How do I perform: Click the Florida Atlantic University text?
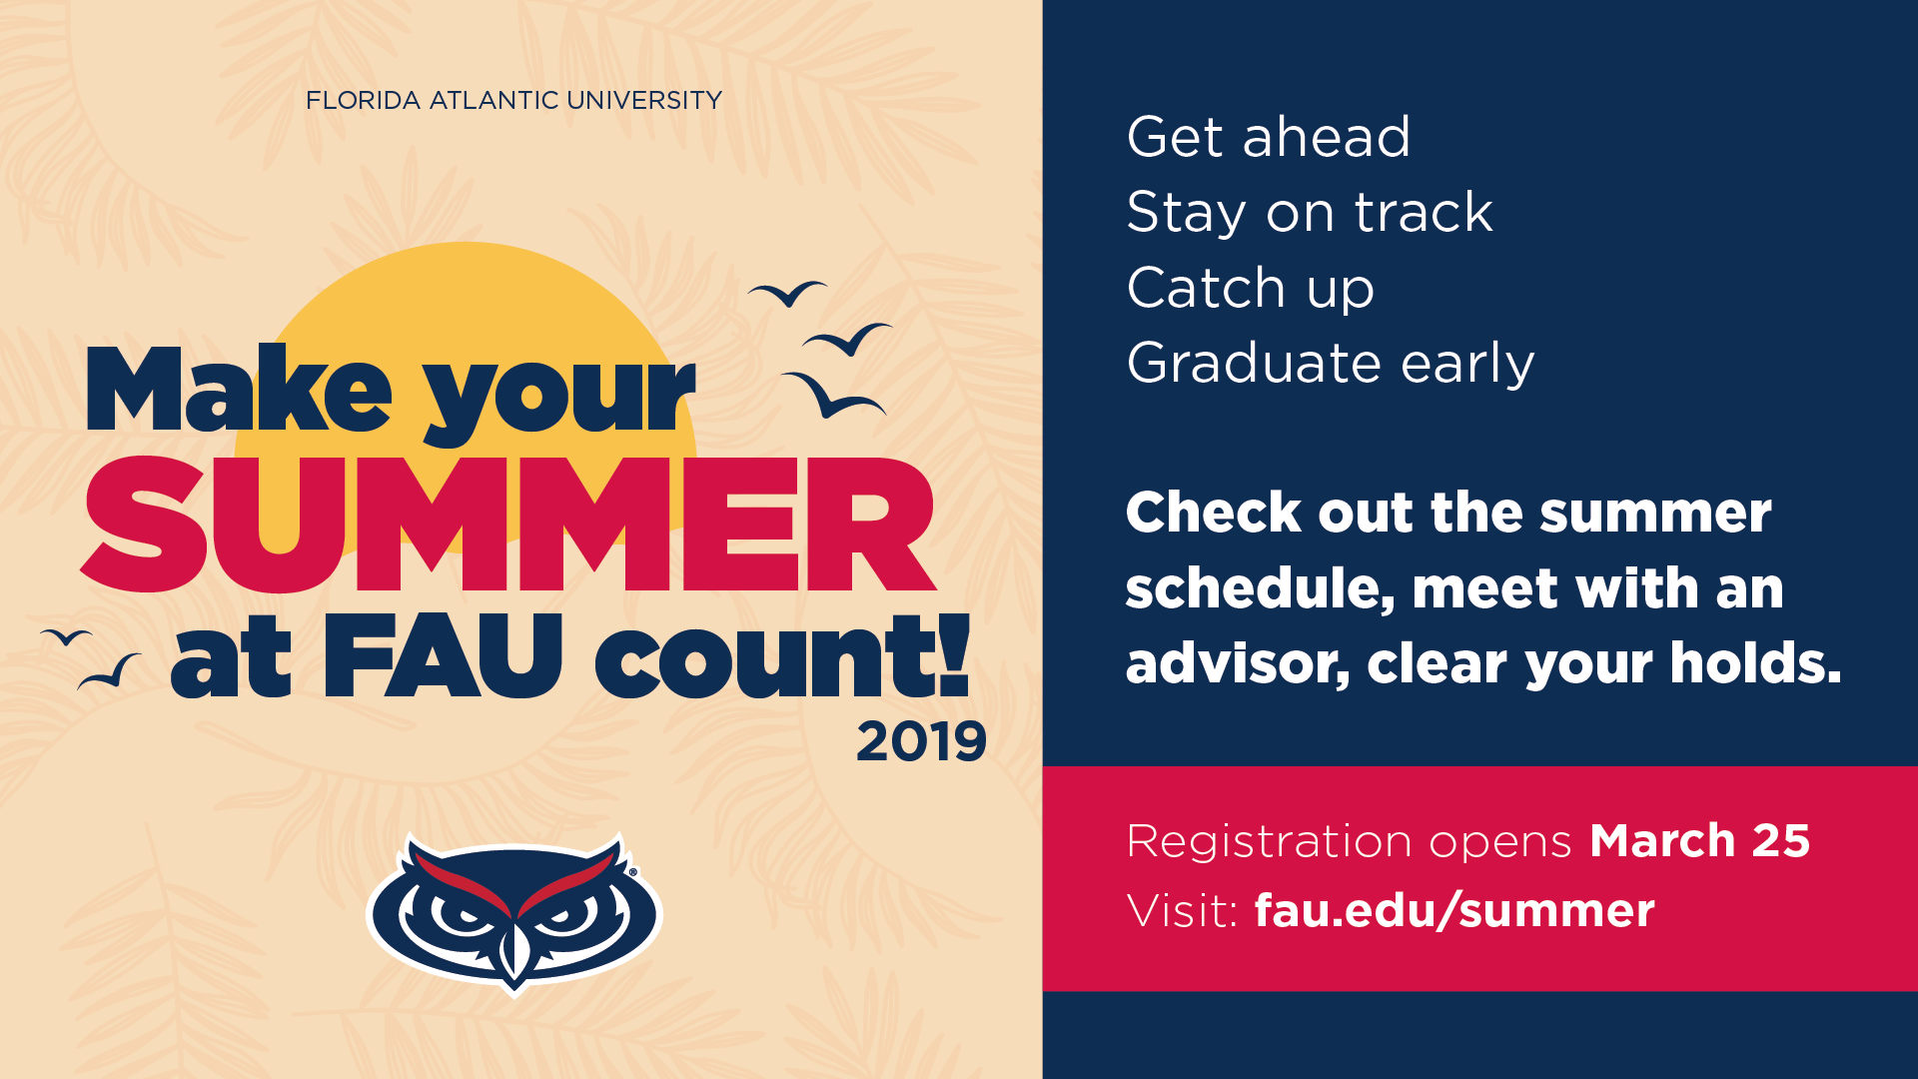[513, 101]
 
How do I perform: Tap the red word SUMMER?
[508, 525]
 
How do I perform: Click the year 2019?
[921, 742]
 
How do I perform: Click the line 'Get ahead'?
[1269, 137]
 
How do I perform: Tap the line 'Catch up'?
[1251, 289]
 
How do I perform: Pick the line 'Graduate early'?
[1331, 364]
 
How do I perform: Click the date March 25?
[1699, 840]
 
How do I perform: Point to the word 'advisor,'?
[1238, 664]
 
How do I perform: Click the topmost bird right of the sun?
[788, 293]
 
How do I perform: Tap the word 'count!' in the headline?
[782, 655]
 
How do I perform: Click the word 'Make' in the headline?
[240, 389]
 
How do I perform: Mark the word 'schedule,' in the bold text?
[1260, 589]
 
